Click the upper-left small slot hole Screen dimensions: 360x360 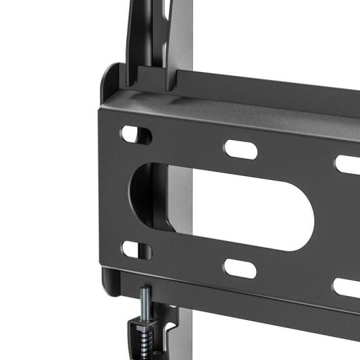pyautogui.click(x=137, y=134)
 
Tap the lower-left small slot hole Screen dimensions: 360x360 pyautogui.click(x=137, y=249)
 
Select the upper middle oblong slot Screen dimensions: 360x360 pyautogui.click(x=240, y=149)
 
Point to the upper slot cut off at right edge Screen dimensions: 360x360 pyautogui.click(x=348, y=164)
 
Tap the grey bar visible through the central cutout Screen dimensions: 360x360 pyautogui.click(x=178, y=204)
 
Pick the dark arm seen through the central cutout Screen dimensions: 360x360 pyautogui.click(x=146, y=204)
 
